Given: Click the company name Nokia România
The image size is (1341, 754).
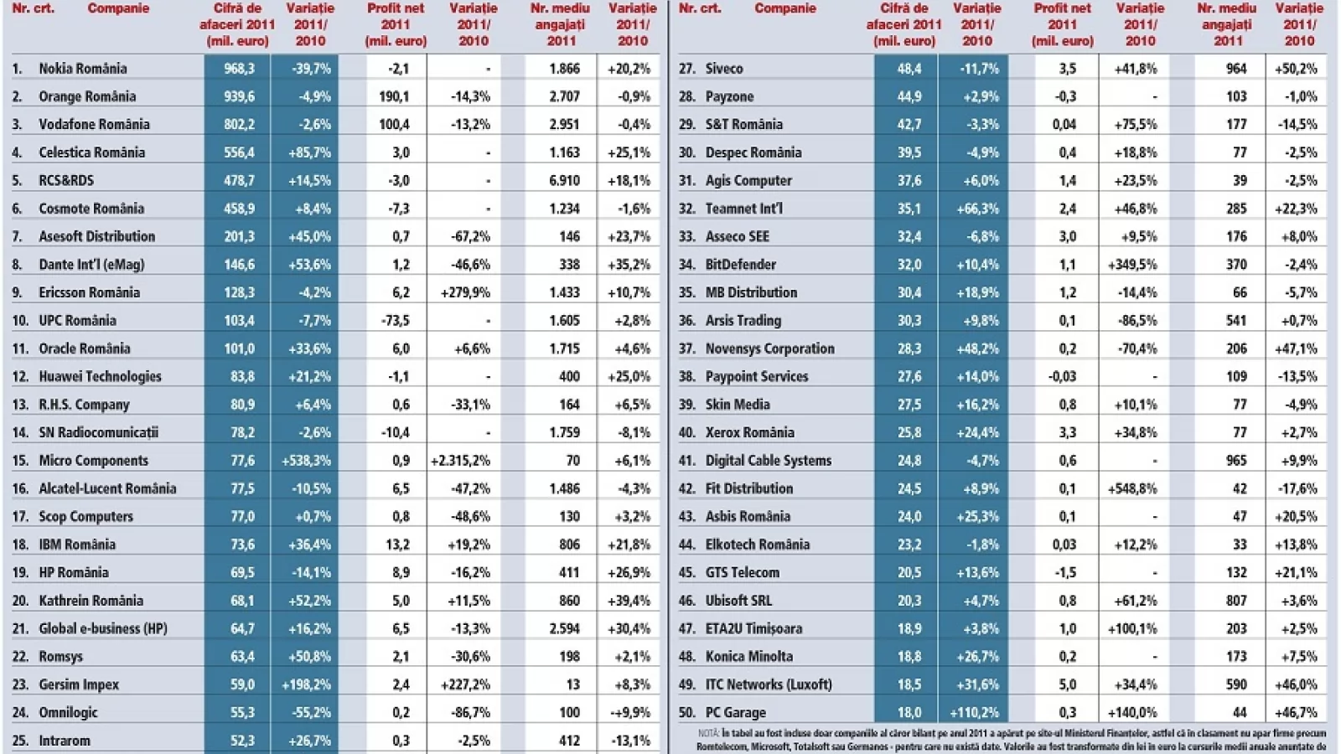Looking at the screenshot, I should click(x=82, y=69).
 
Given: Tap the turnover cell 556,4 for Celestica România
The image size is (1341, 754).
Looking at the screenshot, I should click(x=239, y=152).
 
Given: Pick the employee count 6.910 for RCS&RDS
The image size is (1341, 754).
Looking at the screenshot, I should click(x=563, y=180).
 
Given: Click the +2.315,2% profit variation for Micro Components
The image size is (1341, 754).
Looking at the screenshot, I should click(x=460, y=461).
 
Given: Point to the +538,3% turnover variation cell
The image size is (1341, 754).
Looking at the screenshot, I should click(x=307, y=461).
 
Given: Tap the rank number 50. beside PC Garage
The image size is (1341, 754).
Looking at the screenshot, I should click(x=686, y=713).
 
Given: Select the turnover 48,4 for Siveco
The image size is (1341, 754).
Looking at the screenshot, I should click(x=909, y=69).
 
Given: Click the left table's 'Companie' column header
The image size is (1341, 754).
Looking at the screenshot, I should click(x=118, y=8).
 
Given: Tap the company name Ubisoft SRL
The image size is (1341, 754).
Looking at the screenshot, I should click(x=738, y=601).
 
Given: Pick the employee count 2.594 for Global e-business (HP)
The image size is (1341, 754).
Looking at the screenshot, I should click(x=563, y=629).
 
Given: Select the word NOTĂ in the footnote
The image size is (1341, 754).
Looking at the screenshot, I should click(x=709, y=733).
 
